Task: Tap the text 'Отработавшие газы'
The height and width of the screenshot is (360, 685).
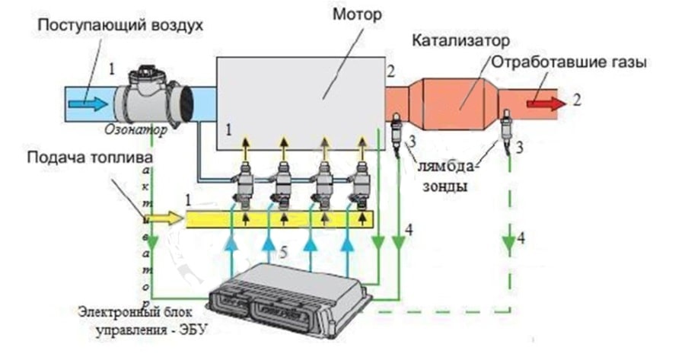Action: pyautogui.click(x=569, y=63)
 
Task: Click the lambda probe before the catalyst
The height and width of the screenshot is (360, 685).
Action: pyautogui.click(x=397, y=132)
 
